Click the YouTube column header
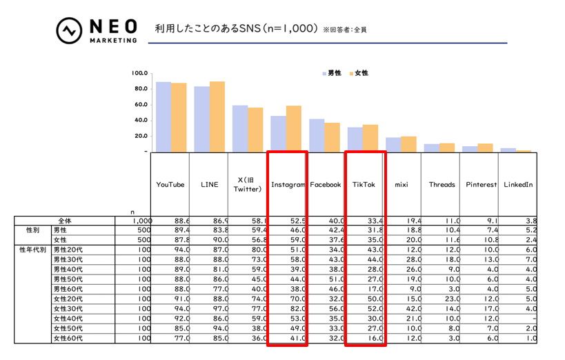tap(170, 185)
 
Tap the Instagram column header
tap(288, 185)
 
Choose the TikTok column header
tap(364, 185)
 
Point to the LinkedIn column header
tap(518, 185)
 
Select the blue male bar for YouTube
tap(163, 117)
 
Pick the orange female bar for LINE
tap(217, 117)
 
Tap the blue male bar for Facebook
tap(317, 135)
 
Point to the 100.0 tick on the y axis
tap(140, 73)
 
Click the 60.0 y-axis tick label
tap(141, 104)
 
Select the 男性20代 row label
tap(67, 249)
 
